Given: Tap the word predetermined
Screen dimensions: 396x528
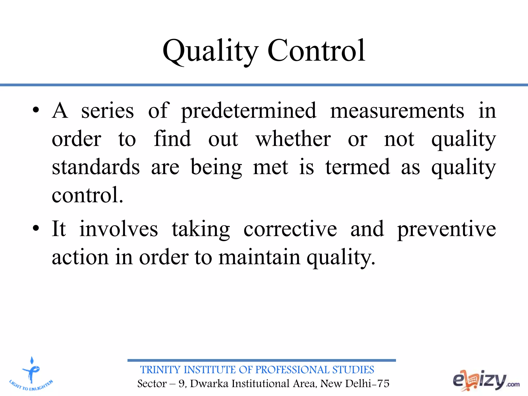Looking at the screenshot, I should (249, 111).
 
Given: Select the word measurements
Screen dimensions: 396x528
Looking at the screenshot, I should (397, 111).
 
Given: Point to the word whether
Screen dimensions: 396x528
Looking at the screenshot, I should (293, 139).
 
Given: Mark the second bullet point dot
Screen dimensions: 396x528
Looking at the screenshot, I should (36, 228).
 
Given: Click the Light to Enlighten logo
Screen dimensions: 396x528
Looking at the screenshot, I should (31, 374).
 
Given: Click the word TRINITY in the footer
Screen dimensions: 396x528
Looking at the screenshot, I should (160, 370).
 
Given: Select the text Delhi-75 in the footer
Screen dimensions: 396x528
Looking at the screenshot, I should (367, 384).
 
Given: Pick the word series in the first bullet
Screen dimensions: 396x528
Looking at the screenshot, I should (108, 111).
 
